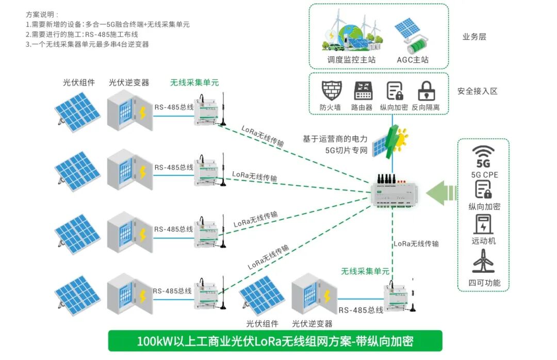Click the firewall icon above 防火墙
click(331, 91)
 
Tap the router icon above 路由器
click(363, 91)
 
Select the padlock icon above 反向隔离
click(426, 91)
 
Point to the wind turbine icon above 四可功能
click(483, 262)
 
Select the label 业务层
click(474, 37)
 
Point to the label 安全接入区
click(477, 91)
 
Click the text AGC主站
click(413, 59)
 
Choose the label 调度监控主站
click(351, 59)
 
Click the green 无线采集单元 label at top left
click(194, 82)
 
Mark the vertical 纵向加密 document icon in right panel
click(483, 190)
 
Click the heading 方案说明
click(42, 14)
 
